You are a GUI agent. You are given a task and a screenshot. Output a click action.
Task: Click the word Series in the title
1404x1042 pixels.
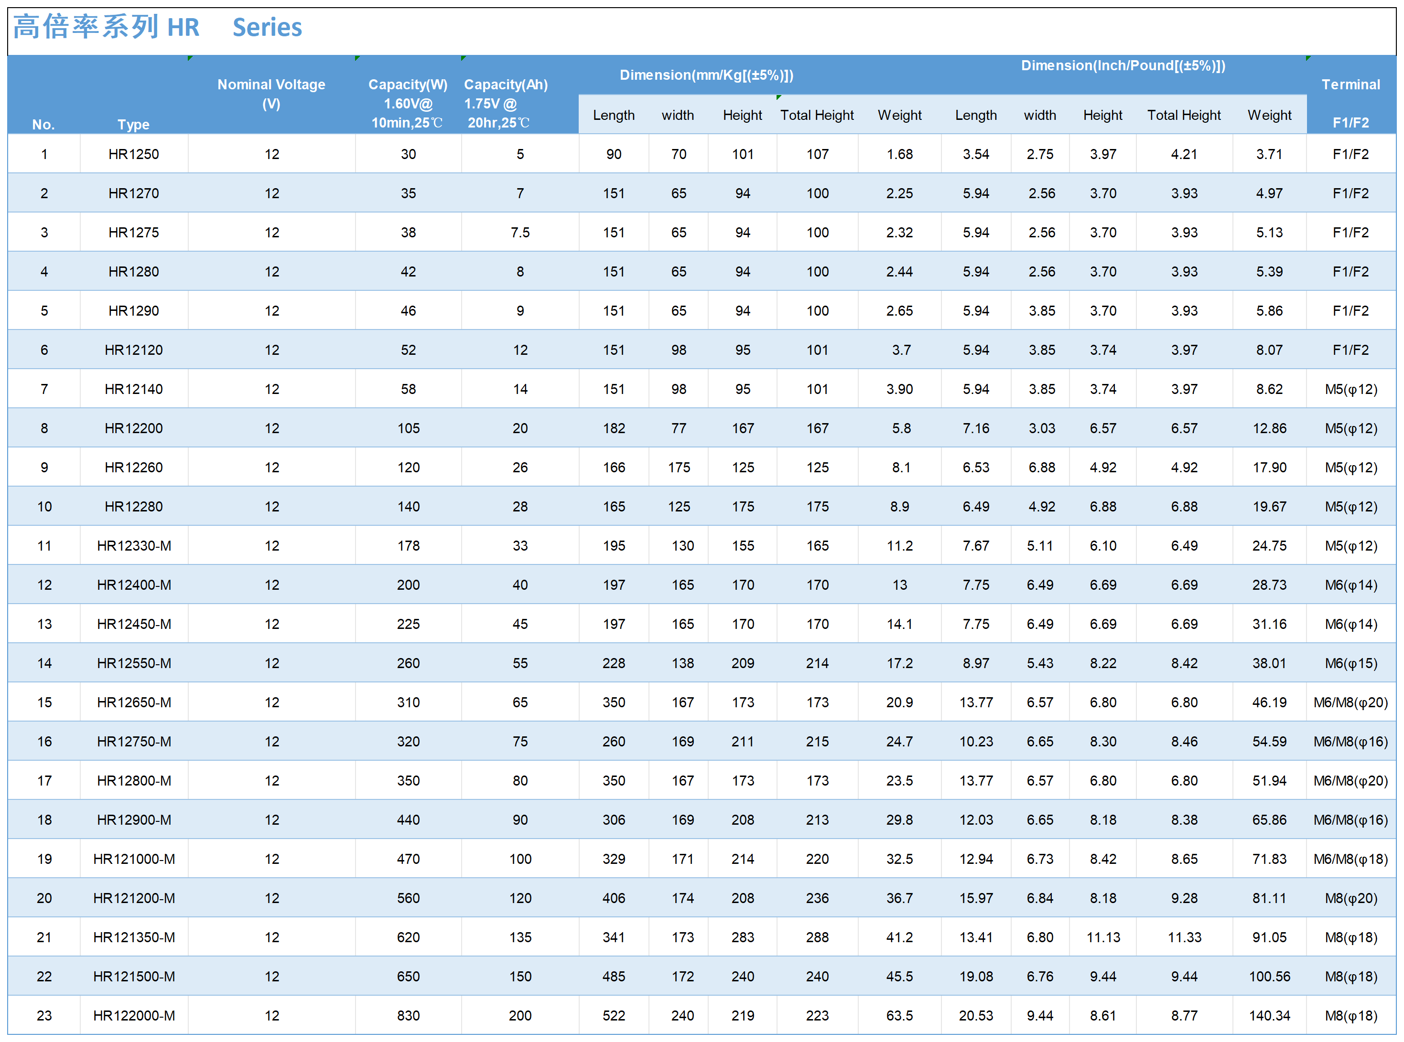tap(267, 28)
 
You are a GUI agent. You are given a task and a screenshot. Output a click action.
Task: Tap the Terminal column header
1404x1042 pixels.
tap(1350, 85)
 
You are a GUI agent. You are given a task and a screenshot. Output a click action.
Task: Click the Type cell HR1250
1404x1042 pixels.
tap(133, 154)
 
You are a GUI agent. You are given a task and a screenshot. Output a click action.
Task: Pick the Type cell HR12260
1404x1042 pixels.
tap(133, 468)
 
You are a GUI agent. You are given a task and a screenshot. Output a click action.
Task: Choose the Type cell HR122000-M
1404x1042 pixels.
tap(134, 1016)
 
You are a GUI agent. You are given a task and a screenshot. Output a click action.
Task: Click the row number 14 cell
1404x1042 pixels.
tap(44, 663)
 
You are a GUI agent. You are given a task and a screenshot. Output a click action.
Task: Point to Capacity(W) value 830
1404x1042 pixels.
tap(408, 1016)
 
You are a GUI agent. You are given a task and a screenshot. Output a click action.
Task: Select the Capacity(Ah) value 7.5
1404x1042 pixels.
tap(520, 232)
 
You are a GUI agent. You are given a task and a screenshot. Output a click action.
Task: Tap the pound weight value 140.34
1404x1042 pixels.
tap(1269, 1016)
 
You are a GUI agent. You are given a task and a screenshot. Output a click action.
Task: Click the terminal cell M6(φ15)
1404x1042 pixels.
tap(1350, 663)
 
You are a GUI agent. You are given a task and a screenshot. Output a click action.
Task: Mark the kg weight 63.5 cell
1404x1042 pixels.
tap(899, 1016)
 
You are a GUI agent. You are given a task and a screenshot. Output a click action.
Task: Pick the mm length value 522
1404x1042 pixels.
tap(613, 1016)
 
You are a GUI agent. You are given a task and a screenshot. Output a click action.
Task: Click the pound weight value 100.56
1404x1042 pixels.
tap(1269, 977)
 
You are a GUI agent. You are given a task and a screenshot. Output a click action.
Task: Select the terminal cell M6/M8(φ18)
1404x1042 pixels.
tap(1350, 859)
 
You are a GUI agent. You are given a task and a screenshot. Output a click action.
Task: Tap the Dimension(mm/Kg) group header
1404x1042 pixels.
tap(706, 75)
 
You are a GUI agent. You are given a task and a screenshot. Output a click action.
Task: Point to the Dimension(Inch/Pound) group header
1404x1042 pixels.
tap(1123, 65)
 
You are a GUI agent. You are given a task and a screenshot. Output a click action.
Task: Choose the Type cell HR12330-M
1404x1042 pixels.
tap(134, 546)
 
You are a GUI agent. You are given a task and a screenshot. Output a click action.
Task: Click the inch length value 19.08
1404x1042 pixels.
tap(975, 977)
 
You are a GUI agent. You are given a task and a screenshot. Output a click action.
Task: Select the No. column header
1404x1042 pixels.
tap(43, 124)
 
